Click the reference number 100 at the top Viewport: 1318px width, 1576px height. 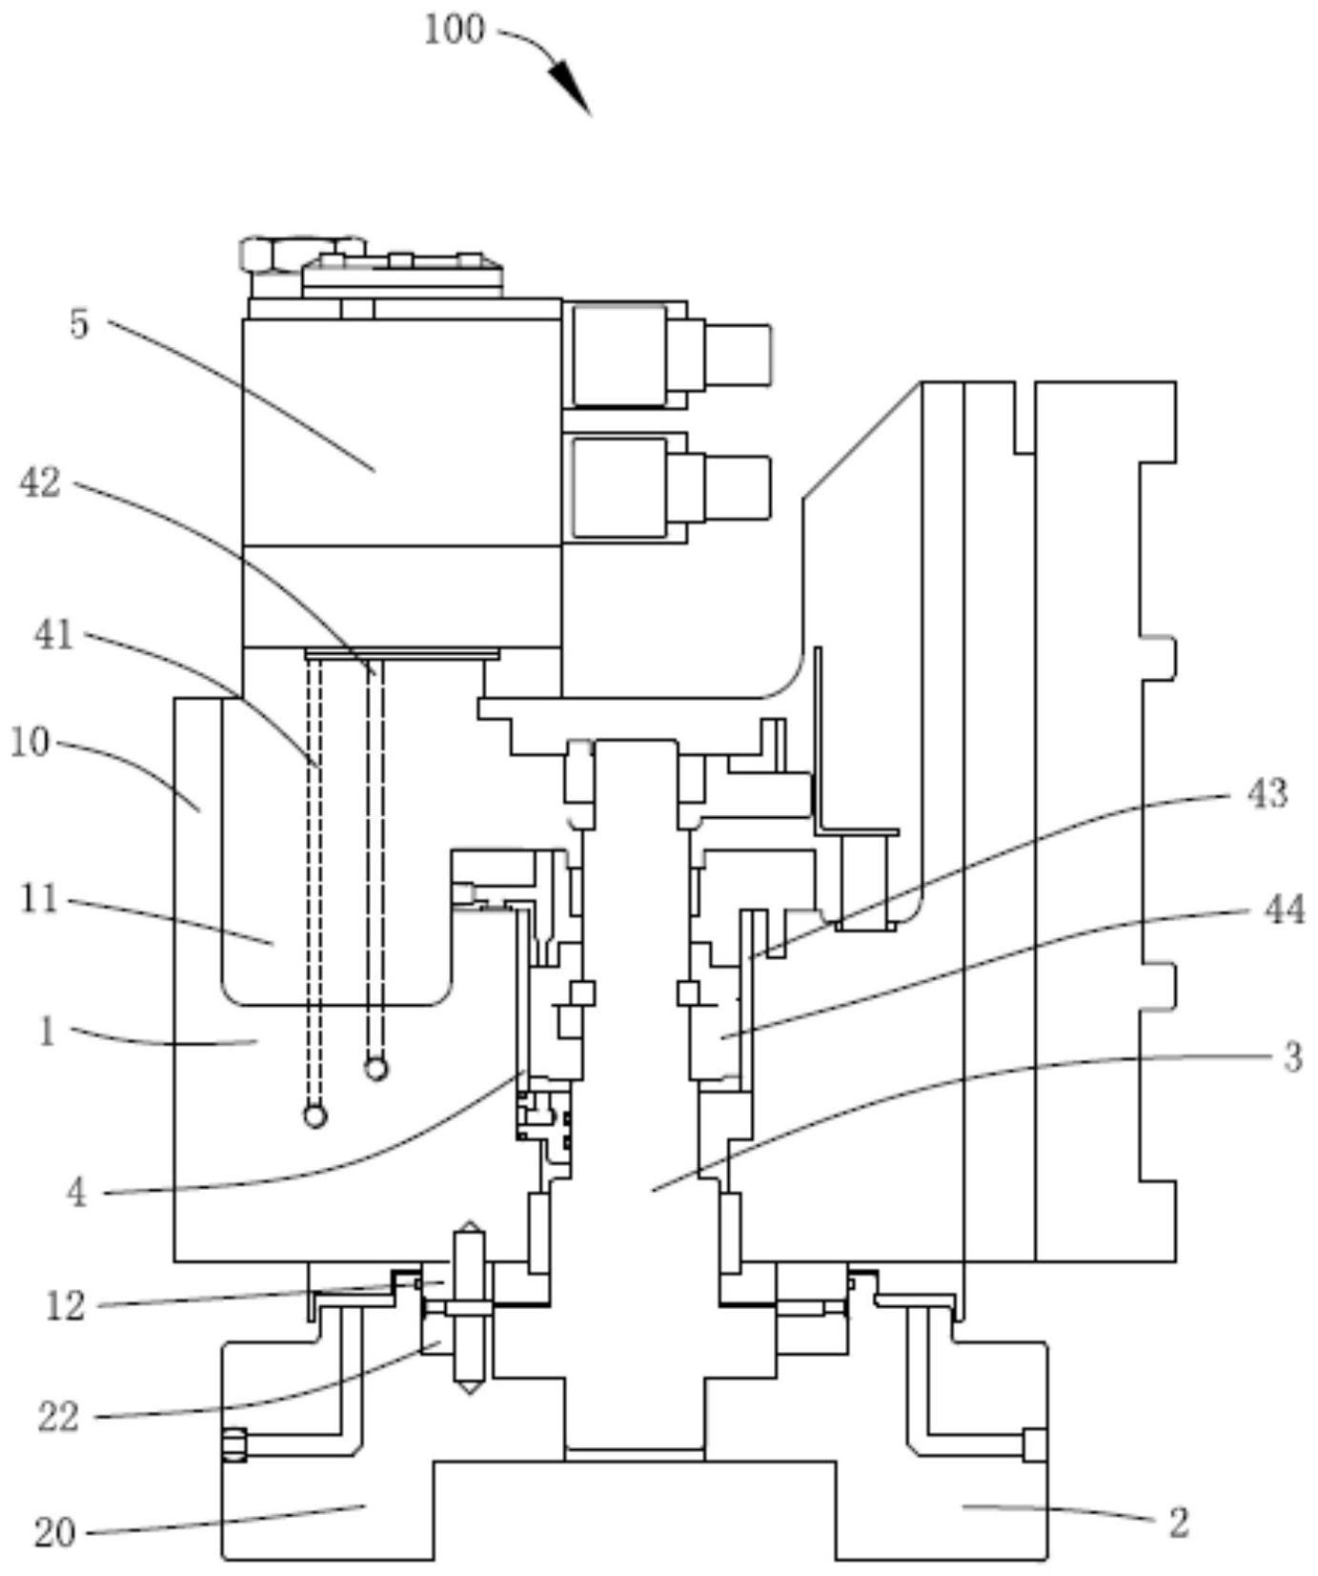coord(454,31)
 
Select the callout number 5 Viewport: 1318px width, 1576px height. coord(79,324)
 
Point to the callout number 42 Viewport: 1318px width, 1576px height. coord(40,483)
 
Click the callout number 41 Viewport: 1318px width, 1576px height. coord(53,634)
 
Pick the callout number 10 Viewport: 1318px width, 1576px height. coord(30,742)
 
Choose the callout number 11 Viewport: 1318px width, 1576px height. coord(40,899)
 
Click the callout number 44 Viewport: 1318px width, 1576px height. coord(1283,911)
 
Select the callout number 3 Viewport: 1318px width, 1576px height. coord(1291,1056)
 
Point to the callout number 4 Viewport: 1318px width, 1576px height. coord(77,1192)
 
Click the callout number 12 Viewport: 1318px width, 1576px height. coord(66,1305)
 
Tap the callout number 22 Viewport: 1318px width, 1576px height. coord(58,1418)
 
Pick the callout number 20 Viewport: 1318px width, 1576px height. coord(54,1533)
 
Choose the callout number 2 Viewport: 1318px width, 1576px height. coord(1179,1523)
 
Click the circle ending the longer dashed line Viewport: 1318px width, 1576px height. coord(314,1115)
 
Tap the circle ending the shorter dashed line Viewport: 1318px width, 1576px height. coord(376,1069)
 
